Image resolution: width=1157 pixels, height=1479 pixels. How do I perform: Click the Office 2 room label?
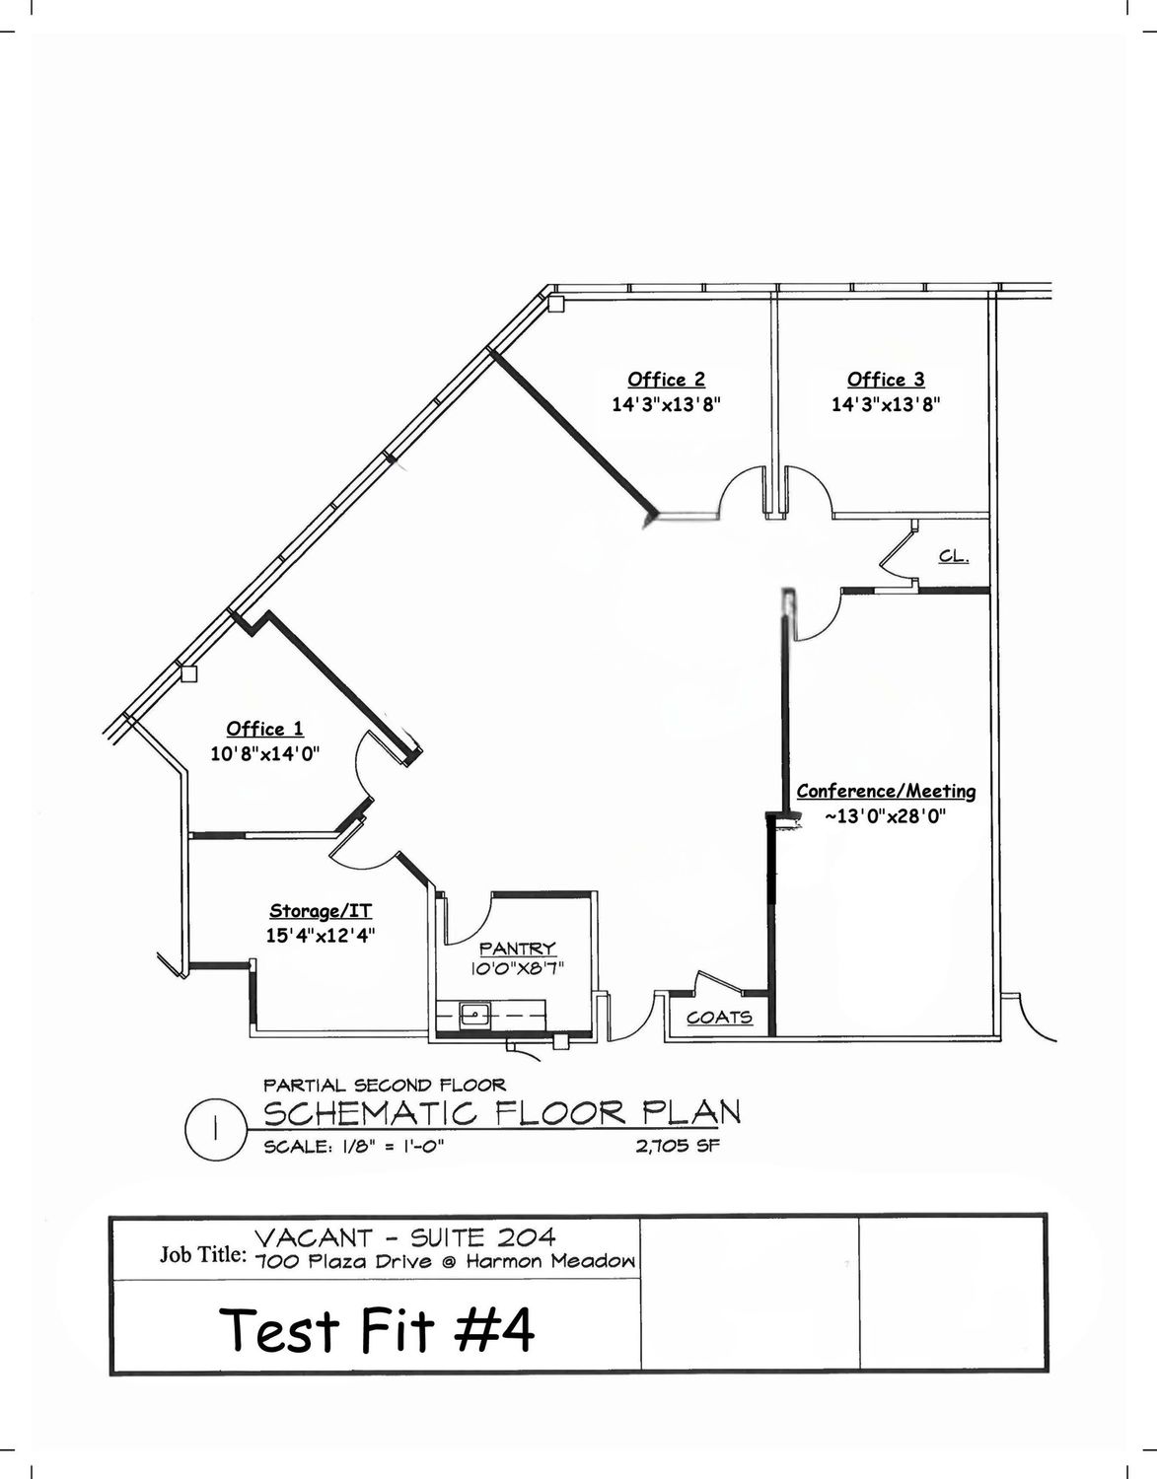point(667,380)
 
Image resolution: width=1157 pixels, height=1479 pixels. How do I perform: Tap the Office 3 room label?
point(886,380)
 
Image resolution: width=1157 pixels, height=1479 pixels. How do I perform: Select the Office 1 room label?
point(264,729)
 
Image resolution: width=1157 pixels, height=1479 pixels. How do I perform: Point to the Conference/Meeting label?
point(886,791)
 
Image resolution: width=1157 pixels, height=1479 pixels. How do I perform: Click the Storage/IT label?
point(321,911)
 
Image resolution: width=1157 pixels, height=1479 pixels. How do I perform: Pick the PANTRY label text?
point(518,949)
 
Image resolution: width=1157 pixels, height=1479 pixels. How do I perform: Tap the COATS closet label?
point(719,1018)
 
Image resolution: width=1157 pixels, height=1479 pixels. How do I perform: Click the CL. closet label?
point(954,556)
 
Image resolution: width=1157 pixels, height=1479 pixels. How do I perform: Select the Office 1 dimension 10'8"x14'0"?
point(264,754)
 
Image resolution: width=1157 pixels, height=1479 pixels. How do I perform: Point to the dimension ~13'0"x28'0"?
point(886,816)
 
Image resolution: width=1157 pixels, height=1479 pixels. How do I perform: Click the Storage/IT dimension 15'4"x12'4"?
point(321,936)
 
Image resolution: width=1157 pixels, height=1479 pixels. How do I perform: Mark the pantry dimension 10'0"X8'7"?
point(518,968)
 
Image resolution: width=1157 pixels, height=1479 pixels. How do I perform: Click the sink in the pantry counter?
point(475,1016)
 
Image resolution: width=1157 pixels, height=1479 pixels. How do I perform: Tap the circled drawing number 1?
point(215,1131)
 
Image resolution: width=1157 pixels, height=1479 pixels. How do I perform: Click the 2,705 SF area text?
point(678,1147)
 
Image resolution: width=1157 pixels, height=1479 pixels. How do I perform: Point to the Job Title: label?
point(203,1254)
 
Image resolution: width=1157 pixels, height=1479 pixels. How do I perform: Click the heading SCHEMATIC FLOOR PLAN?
point(502,1114)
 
